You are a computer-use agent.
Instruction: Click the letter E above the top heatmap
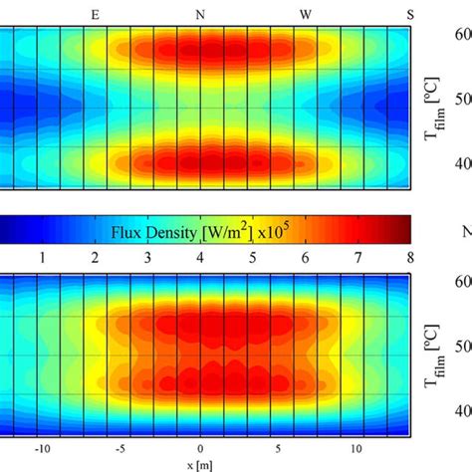[96, 14]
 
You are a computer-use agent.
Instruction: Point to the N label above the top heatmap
[200, 14]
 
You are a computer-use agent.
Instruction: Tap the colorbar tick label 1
[43, 258]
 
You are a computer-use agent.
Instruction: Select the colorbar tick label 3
[148, 258]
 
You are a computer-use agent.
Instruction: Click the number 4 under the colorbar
[200, 258]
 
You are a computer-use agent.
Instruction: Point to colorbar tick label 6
[306, 258]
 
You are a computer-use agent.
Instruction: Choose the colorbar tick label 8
[409, 258]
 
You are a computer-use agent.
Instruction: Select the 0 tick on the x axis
[200, 449]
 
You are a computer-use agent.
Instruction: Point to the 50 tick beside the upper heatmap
[462, 100]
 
